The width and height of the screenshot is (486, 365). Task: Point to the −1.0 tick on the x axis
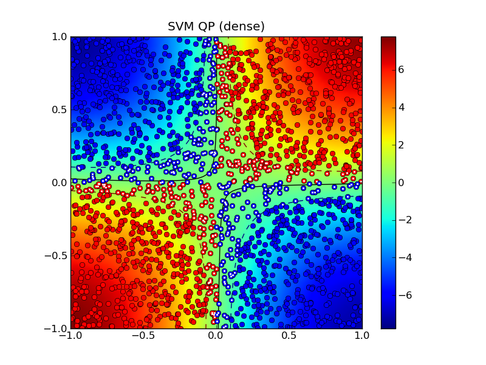tap(70, 335)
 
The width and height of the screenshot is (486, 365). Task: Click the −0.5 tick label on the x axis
tap(143, 335)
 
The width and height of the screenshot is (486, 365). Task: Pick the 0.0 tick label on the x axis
tap(216, 335)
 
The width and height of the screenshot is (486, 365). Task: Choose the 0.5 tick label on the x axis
tap(289, 335)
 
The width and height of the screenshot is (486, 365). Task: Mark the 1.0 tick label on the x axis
tap(362, 335)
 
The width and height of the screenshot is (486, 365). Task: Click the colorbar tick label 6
tap(405, 69)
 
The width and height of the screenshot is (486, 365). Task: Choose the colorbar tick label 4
tap(405, 107)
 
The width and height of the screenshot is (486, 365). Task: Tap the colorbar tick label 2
tap(405, 145)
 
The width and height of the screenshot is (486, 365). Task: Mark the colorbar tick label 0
tap(405, 182)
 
